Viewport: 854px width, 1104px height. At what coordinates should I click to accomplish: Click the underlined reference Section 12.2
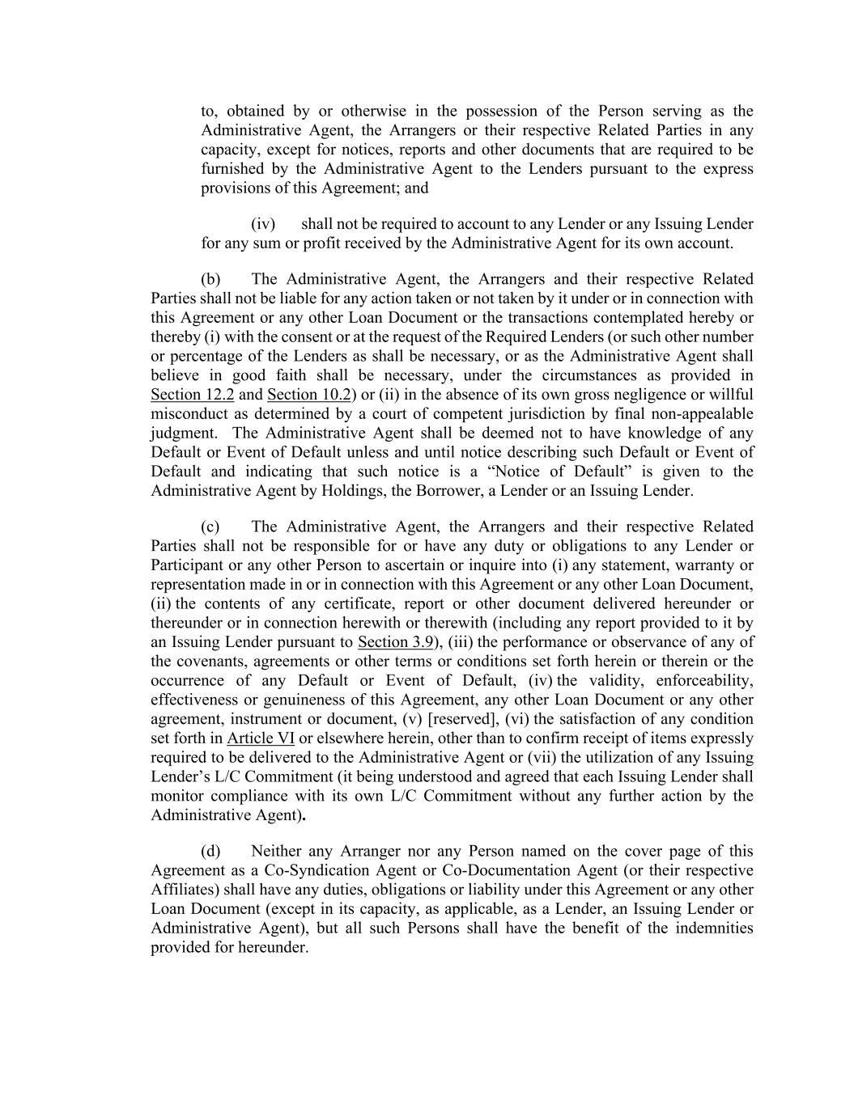coord(192,395)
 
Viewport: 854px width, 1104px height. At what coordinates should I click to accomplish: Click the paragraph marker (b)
coord(210,279)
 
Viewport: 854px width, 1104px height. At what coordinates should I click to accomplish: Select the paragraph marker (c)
coord(210,527)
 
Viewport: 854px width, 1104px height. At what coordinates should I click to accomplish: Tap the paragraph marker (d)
coord(210,851)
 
